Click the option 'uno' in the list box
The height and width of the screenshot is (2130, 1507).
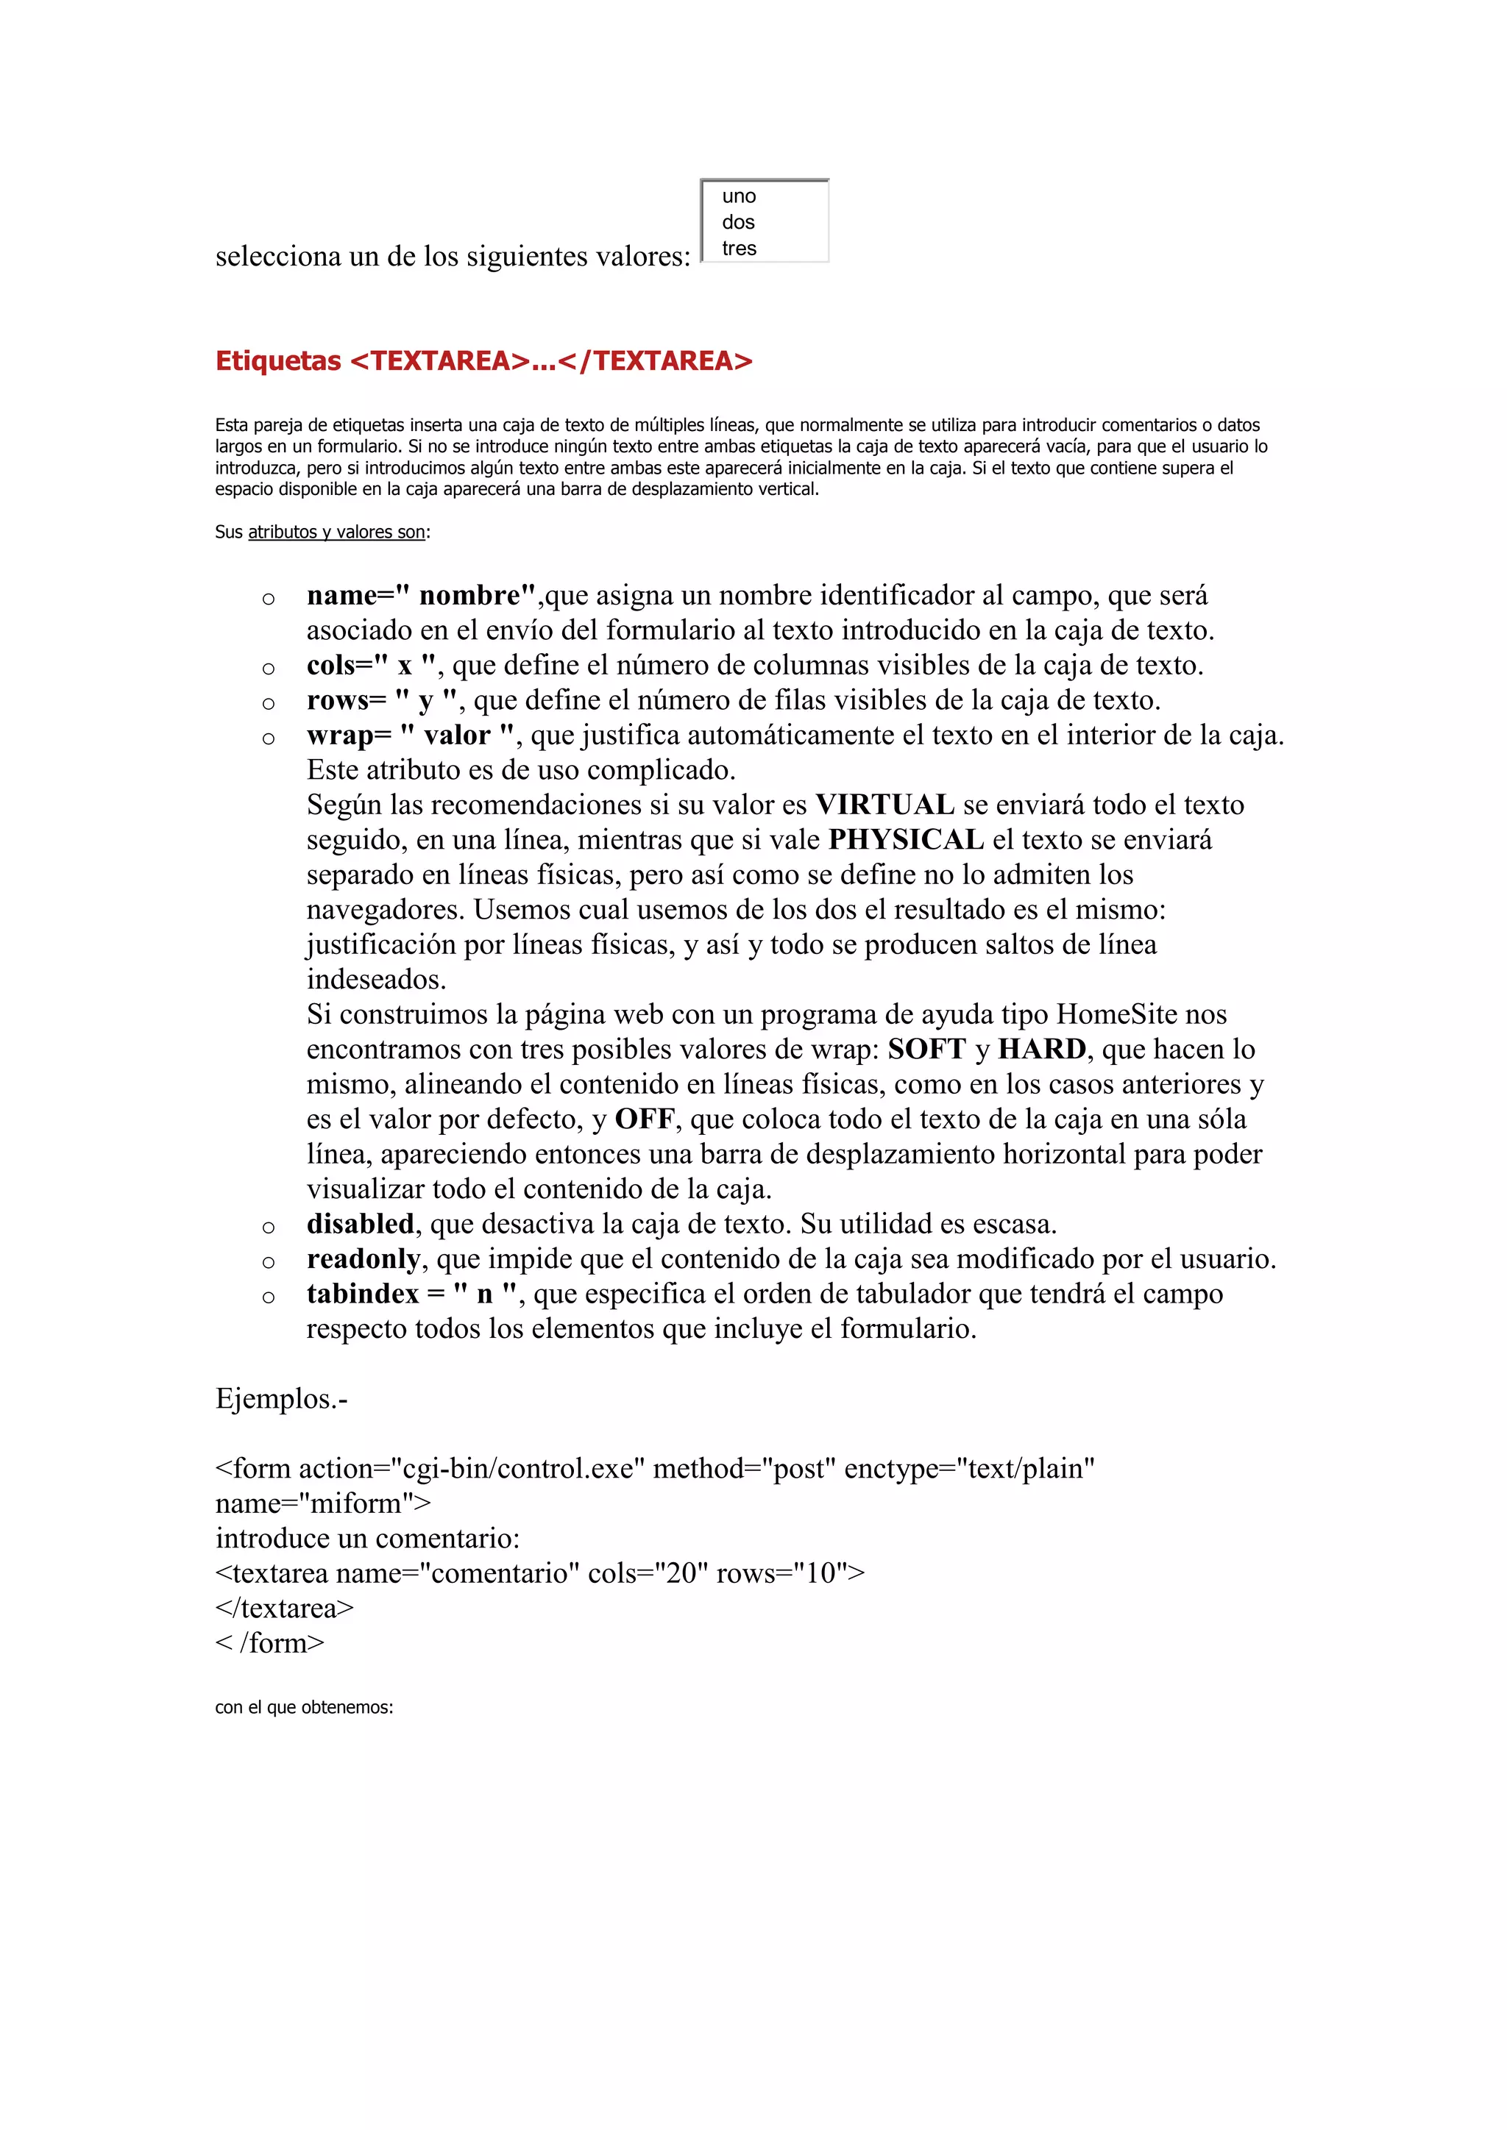[x=739, y=196]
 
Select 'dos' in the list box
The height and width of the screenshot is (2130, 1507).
[x=738, y=223]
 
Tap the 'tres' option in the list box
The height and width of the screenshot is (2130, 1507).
[x=739, y=249]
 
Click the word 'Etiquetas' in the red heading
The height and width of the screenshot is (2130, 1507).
[x=277, y=361]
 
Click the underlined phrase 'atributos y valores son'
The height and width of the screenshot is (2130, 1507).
[x=336, y=532]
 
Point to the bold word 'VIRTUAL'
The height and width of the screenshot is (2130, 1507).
[x=884, y=805]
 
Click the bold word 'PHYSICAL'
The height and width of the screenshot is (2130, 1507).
[x=906, y=839]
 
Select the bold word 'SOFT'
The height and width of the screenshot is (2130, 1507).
[x=927, y=1050]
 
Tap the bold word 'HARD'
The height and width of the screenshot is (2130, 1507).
[x=1042, y=1050]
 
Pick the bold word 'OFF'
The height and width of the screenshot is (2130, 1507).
[x=644, y=1119]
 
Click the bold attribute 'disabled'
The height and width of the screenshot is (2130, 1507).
[x=360, y=1224]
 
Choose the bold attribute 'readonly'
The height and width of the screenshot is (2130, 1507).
[x=364, y=1259]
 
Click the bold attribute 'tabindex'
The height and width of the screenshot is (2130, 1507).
[x=363, y=1294]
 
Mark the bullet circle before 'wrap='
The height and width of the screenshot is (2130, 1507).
[x=268, y=738]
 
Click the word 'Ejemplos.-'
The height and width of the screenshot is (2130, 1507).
[x=281, y=1399]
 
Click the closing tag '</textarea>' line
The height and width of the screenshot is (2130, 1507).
[x=284, y=1609]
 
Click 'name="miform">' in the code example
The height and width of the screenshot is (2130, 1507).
[x=323, y=1504]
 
